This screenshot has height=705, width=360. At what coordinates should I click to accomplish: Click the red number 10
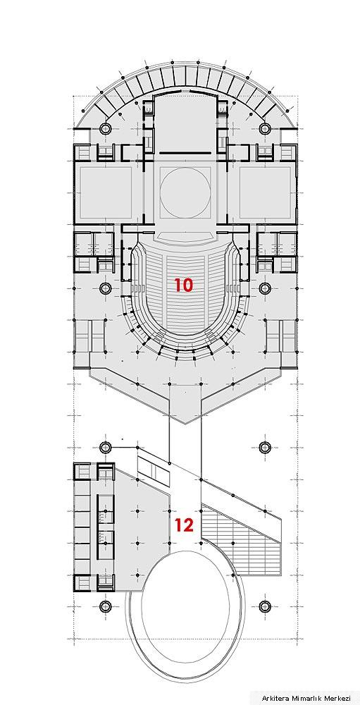(183, 285)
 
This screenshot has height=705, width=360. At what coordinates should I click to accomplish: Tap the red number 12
(185, 525)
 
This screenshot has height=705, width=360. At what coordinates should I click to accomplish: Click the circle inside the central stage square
(185, 193)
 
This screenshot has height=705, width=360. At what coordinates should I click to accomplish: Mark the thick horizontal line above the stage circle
(185, 153)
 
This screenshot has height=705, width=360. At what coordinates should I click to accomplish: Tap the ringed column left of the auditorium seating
(106, 288)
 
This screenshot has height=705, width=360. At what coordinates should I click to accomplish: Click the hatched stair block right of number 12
(240, 539)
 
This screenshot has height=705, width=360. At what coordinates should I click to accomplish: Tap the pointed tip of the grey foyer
(185, 423)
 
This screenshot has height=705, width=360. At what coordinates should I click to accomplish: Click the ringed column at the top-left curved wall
(106, 128)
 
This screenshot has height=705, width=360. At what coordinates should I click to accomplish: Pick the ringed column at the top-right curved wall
(265, 128)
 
